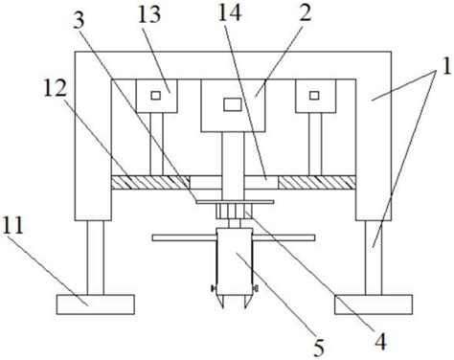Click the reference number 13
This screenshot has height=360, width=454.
(149, 15)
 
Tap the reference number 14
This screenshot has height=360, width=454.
(229, 12)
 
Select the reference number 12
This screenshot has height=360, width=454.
(56, 88)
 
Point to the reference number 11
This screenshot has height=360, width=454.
(13, 226)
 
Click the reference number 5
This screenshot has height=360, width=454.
(319, 348)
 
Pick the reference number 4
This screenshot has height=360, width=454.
(380, 341)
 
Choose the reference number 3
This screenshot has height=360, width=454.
(79, 20)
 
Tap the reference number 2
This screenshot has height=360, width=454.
(306, 13)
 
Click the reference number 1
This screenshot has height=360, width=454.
(446, 66)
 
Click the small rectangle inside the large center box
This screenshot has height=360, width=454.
(233, 104)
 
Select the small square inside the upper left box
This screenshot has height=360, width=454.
(155, 96)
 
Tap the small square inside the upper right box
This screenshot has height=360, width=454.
(314, 96)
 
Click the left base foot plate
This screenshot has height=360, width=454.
(96, 304)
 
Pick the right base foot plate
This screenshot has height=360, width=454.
(374, 304)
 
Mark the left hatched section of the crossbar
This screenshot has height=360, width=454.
(150, 182)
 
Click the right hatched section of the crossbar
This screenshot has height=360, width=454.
(317, 182)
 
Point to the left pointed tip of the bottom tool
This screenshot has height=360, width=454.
(222, 308)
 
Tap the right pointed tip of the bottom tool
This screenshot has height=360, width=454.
(245, 308)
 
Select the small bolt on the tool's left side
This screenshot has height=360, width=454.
(214, 288)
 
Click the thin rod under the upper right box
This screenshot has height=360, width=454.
(315, 144)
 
